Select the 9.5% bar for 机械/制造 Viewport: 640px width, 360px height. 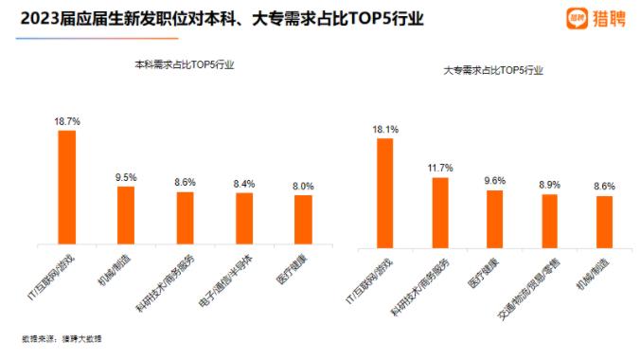click(126, 213)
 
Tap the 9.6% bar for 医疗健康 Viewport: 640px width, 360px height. click(494, 219)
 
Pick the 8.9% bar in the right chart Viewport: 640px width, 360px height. click(549, 221)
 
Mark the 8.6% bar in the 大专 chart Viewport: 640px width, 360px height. click(604, 222)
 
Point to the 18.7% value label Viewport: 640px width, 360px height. click(67, 121)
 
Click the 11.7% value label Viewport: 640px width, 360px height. click(439, 168)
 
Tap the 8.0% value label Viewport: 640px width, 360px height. click(303, 186)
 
